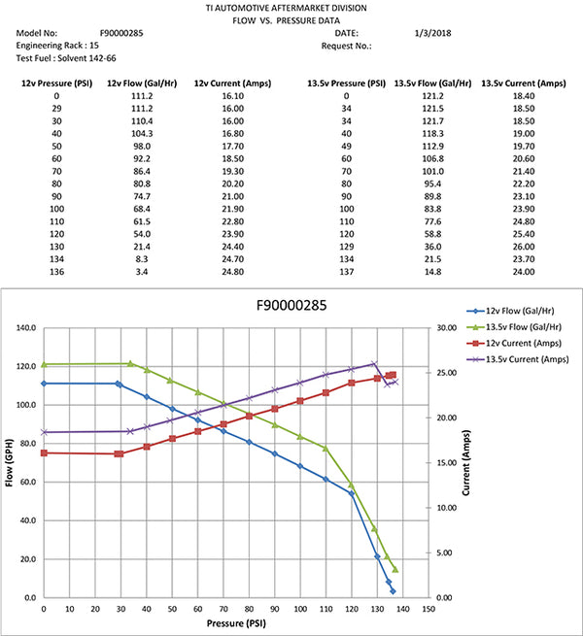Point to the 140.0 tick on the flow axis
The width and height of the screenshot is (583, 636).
[28, 328]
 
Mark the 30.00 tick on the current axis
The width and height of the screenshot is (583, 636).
[446, 328]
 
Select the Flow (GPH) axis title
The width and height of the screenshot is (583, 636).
[9, 463]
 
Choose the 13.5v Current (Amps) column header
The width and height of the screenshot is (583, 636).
[525, 84]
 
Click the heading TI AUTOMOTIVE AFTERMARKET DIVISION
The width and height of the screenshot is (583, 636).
[291, 7]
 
